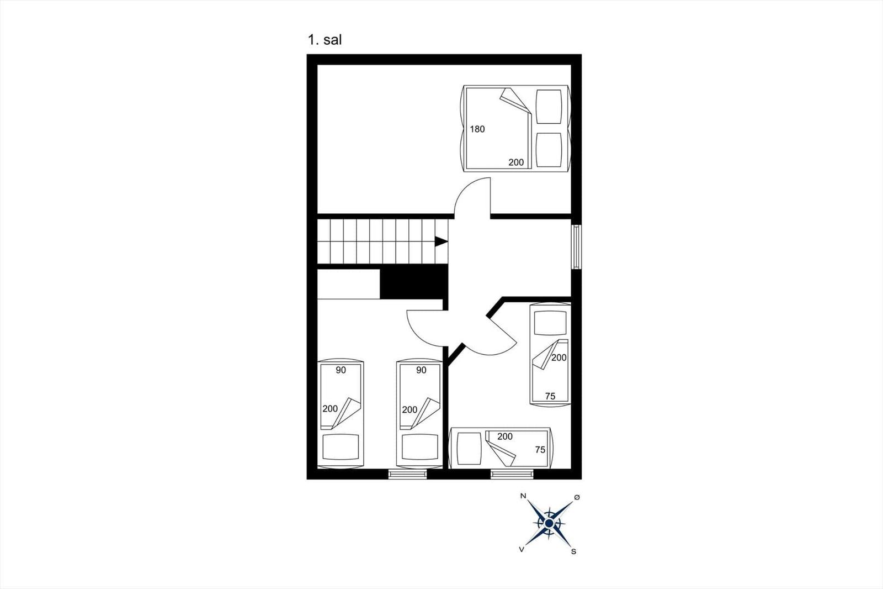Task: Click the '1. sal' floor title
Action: point(325,40)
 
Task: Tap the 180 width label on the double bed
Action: point(477,129)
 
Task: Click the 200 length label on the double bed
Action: point(516,162)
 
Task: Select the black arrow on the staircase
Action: point(441,241)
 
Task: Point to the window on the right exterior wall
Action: point(576,247)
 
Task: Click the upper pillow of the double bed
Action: point(549,107)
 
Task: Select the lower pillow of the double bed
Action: point(549,150)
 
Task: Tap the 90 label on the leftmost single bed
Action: point(341,370)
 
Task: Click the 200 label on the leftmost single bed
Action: point(330,408)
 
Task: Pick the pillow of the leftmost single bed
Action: point(341,448)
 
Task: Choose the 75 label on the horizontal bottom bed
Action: point(540,450)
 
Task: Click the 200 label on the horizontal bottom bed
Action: point(505,436)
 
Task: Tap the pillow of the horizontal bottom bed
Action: point(469,449)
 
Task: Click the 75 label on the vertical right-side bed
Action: point(550,396)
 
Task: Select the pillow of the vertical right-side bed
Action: point(550,323)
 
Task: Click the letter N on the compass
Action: point(523,496)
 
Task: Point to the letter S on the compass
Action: point(573,551)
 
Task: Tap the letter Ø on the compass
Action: point(577,497)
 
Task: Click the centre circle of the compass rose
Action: point(549,523)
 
